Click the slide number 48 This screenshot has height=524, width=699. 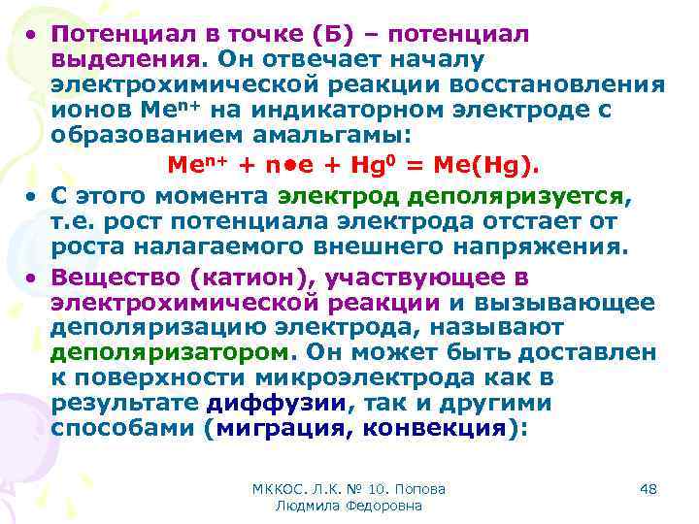648,490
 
